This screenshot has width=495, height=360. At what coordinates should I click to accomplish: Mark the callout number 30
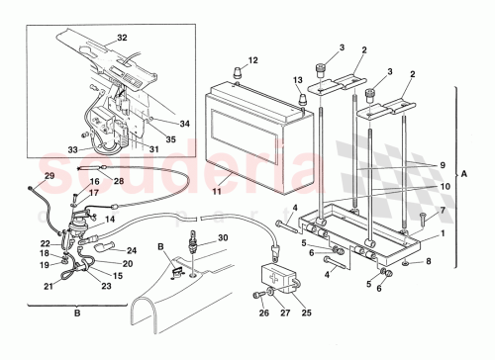(x=223, y=237)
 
